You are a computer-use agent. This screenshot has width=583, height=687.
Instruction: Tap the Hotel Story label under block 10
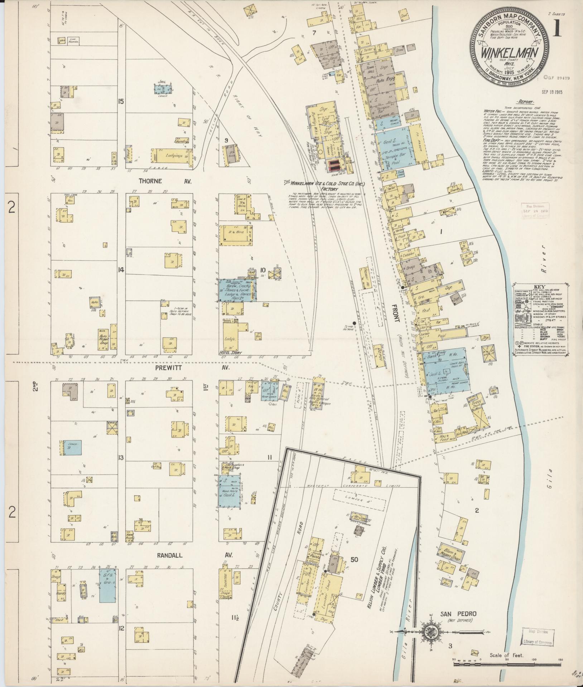[232, 352]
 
